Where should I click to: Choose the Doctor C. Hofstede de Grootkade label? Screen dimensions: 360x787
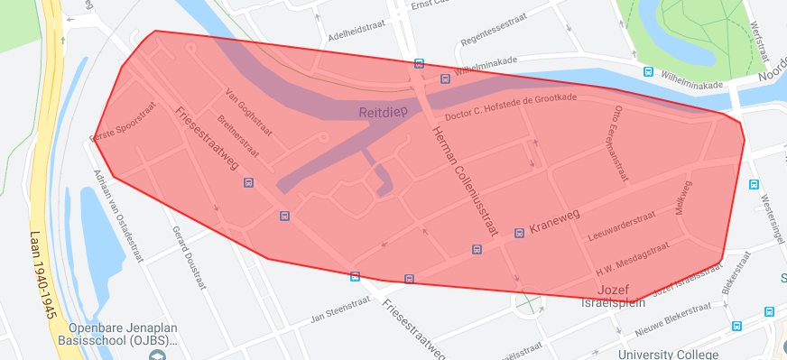510,106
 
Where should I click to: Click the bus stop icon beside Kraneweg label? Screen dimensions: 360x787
519,233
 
